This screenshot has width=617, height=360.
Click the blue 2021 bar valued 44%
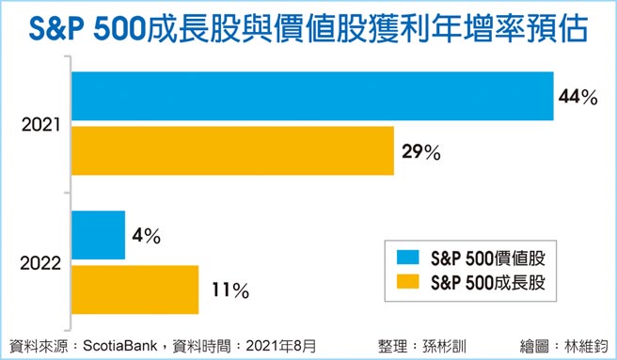tap(311, 98)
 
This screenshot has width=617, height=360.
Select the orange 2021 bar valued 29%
tap(232, 150)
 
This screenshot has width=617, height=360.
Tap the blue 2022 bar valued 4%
tap(98, 235)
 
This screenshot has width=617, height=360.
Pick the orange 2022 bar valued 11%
tap(134, 290)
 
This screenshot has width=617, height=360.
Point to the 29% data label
tap(419, 151)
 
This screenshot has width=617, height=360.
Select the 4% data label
tap(146, 236)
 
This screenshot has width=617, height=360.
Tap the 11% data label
tap(227, 290)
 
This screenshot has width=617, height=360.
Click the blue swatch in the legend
tap(406, 256)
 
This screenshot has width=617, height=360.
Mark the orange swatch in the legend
tap(406, 281)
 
